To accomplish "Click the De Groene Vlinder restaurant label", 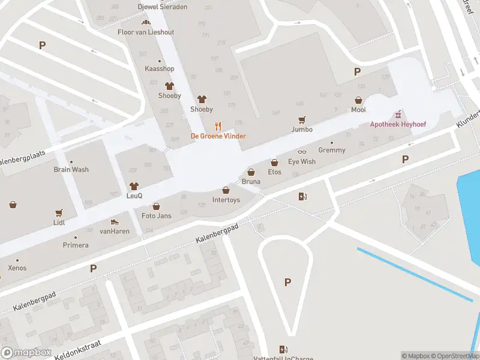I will click(218, 136).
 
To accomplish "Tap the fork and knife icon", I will click(218, 126).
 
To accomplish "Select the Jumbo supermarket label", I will click(302, 129).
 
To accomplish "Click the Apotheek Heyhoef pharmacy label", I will click(397, 124).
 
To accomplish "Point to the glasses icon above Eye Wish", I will click(302, 152).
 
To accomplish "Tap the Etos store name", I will click(274, 172).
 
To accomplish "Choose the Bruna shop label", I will click(251, 181).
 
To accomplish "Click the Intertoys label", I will click(226, 200).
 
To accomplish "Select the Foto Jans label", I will click(156, 215).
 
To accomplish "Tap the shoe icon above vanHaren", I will click(115, 222).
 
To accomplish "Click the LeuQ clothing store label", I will click(134, 196).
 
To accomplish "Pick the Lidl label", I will click(59, 222).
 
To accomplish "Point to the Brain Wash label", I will click(71, 169).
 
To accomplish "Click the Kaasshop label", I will click(159, 69).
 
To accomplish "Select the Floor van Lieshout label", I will click(146, 31).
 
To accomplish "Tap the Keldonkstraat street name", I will click(78, 347).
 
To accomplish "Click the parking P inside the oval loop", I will click(287, 282).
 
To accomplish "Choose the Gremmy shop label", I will click(332, 150).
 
